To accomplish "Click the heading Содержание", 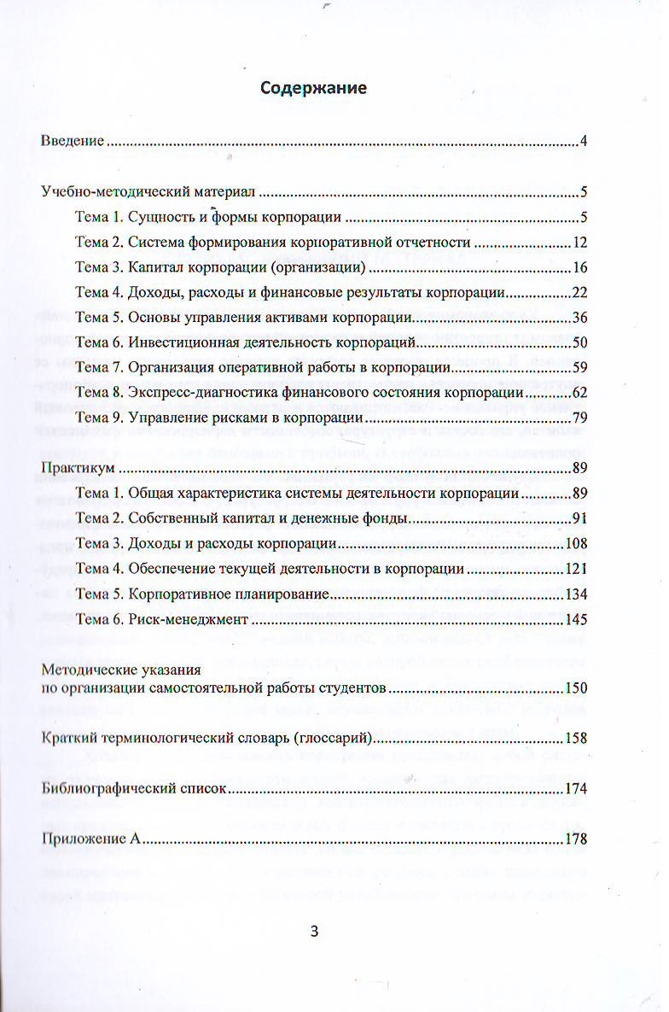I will coord(314,88).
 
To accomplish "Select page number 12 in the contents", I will coord(580,243).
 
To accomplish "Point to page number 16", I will coord(580,268).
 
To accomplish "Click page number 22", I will coord(580,293).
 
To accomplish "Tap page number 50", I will coord(580,343).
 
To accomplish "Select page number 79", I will coord(580,418).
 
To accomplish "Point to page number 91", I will coord(580,518).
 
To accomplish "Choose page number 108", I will coord(577,544).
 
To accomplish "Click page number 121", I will coord(577,569).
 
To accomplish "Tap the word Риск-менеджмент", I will coord(187,619).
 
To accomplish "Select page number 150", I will coord(577,688).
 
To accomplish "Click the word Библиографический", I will coord(103,789).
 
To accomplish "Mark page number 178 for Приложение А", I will coord(577,839).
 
